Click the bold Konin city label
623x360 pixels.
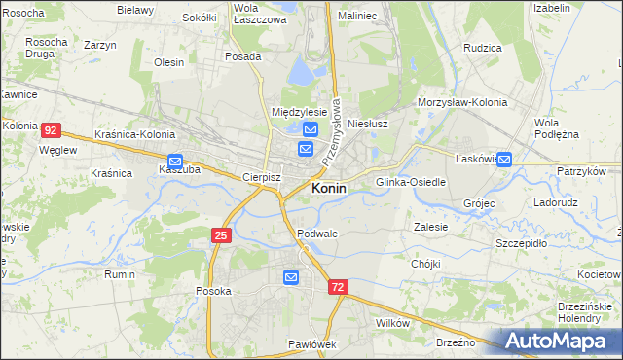pos(328,189)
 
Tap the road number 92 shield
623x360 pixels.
pos(52,129)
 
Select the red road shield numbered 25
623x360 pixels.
pos(221,234)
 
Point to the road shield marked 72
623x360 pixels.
pos(337,287)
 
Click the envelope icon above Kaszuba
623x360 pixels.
pos(175,162)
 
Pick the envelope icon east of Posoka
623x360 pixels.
pos(290,278)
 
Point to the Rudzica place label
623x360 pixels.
pos(482,47)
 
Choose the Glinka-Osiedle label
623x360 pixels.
pos(411,182)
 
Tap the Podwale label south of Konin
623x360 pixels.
pos(318,234)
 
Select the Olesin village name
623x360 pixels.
pos(168,62)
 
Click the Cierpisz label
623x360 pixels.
pos(261,178)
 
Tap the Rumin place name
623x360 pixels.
pos(120,274)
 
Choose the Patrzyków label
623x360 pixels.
pos(582,170)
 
